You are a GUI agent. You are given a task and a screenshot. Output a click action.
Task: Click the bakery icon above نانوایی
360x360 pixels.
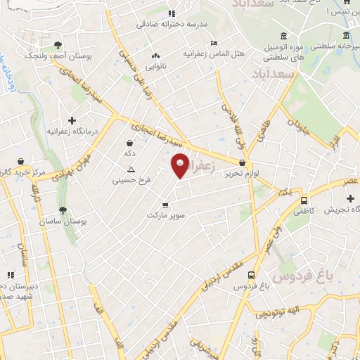tap(155, 56)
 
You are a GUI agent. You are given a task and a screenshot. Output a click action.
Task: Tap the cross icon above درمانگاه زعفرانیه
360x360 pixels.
tap(72, 120)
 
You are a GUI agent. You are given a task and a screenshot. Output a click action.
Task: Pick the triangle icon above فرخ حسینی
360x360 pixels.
tap(131, 169)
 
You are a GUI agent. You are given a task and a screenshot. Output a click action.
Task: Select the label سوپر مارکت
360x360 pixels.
tap(165, 215)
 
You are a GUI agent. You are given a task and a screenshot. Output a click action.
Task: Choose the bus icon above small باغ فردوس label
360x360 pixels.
tap(252, 276)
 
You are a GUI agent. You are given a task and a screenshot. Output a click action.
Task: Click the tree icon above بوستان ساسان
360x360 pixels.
tap(63, 210)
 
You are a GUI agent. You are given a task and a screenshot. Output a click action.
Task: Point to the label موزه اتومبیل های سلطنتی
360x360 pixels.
tap(282, 51)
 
